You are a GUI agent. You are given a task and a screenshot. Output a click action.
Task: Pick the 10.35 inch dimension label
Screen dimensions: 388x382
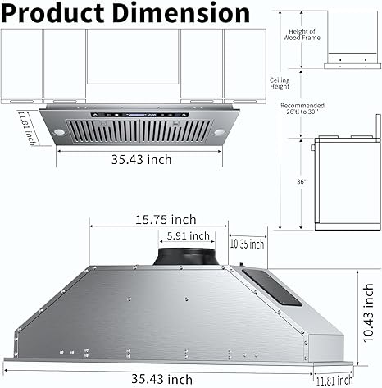247,244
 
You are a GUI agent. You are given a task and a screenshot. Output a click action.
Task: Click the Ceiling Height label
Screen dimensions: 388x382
280,83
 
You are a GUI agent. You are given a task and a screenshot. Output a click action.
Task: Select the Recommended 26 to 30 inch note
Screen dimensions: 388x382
302,110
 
